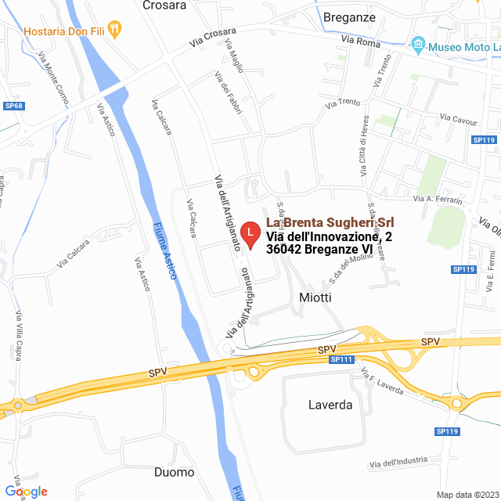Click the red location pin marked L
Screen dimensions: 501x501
pos(249,234)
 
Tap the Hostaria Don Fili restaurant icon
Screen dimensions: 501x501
pos(116,30)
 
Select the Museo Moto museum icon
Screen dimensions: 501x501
pos(418,45)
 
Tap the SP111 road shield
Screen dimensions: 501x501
pos(342,359)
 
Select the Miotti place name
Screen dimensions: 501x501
pos(315,297)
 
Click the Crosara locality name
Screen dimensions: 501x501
pos(164,5)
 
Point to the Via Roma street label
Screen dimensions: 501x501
pos(361,41)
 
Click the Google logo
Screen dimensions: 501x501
pos(26,491)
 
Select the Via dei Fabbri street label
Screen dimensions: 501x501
pos(227,92)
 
